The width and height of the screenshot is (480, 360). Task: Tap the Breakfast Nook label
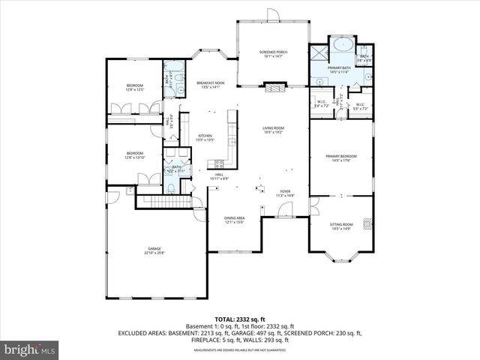coord(210,85)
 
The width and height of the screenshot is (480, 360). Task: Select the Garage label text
coord(154,250)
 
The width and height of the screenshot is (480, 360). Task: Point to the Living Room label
coord(272,130)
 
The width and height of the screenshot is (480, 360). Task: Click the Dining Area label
coord(235,220)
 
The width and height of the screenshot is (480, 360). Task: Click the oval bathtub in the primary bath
coord(343,44)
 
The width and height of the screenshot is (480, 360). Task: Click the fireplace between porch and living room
coord(274,88)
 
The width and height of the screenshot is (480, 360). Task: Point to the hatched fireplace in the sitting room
coord(367,223)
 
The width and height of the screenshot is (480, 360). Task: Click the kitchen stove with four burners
coord(220,164)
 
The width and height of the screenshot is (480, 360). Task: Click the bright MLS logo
coord(29,349)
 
